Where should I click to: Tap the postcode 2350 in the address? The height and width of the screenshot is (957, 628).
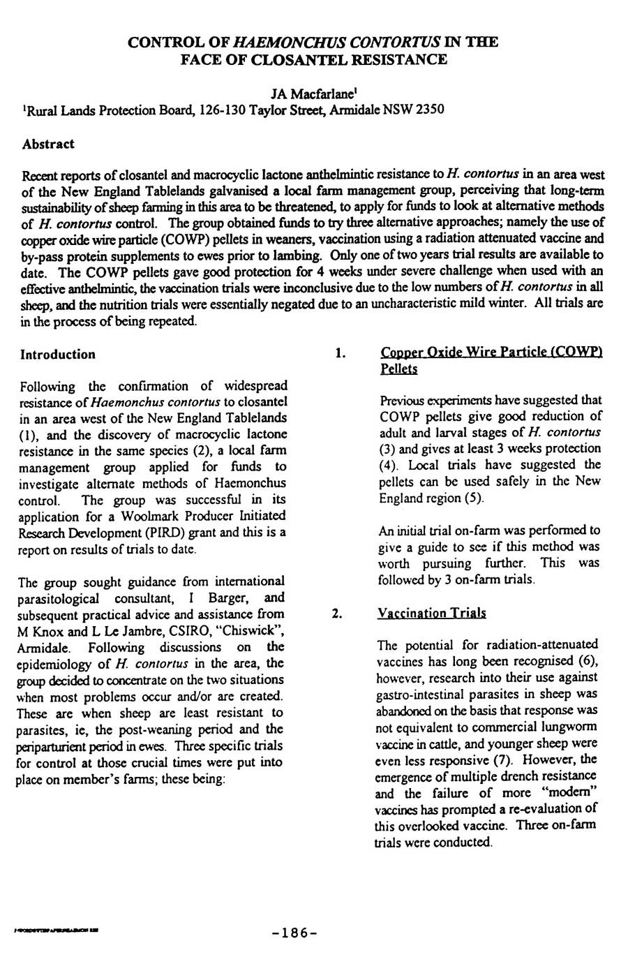click(x=428, y=110)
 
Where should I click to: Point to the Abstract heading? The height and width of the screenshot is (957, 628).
click(x=48, y=144)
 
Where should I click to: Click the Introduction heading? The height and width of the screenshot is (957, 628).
click(x=58, y=355)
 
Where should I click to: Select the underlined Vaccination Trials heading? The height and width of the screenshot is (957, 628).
click(x=431, y=613)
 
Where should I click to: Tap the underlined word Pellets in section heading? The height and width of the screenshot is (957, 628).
click(x=399, y=369)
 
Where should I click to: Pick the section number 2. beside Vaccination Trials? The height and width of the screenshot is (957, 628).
click(x=337, y=614)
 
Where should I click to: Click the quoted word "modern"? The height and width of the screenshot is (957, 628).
click(x=574, y=792)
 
